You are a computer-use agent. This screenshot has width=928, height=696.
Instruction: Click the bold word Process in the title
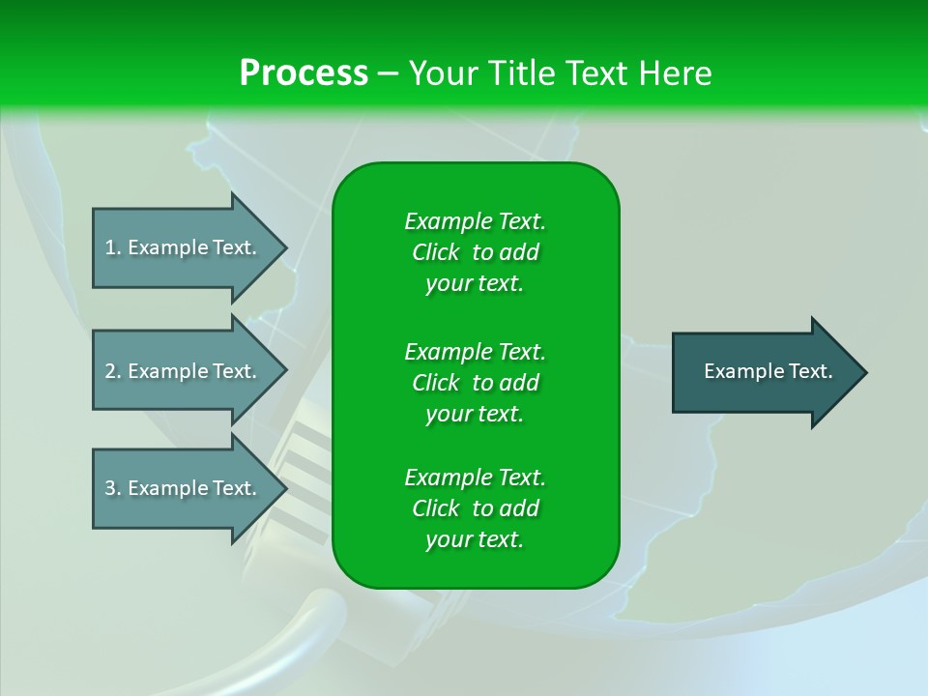[304, 72]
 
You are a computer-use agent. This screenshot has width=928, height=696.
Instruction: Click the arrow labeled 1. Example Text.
[189, 247]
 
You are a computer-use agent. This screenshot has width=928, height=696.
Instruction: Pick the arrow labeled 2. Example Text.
[189, 370]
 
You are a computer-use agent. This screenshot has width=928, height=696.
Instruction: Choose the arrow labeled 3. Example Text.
[189, 487]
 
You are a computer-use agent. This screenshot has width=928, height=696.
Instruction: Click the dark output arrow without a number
[769, 371]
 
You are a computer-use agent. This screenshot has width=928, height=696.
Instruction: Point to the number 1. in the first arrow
[113, 247]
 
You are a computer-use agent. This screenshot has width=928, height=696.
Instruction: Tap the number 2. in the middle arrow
[113, 371]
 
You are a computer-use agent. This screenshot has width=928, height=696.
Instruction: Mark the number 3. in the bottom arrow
[113, 488]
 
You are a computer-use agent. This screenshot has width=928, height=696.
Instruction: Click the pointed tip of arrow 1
[287, 247]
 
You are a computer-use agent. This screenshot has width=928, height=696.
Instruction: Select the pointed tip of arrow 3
[287, 487]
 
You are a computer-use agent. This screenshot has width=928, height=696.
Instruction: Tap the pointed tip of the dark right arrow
[867, 371]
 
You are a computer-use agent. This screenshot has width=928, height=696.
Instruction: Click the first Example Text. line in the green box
[475, 221]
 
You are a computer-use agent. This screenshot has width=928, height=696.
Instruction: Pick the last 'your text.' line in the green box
[475, 539]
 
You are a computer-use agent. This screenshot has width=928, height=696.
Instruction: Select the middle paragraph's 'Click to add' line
[476, 383]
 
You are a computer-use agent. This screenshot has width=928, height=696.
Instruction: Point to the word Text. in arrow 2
[234, 371]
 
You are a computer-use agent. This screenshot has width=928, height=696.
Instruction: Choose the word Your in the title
[444, 72]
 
